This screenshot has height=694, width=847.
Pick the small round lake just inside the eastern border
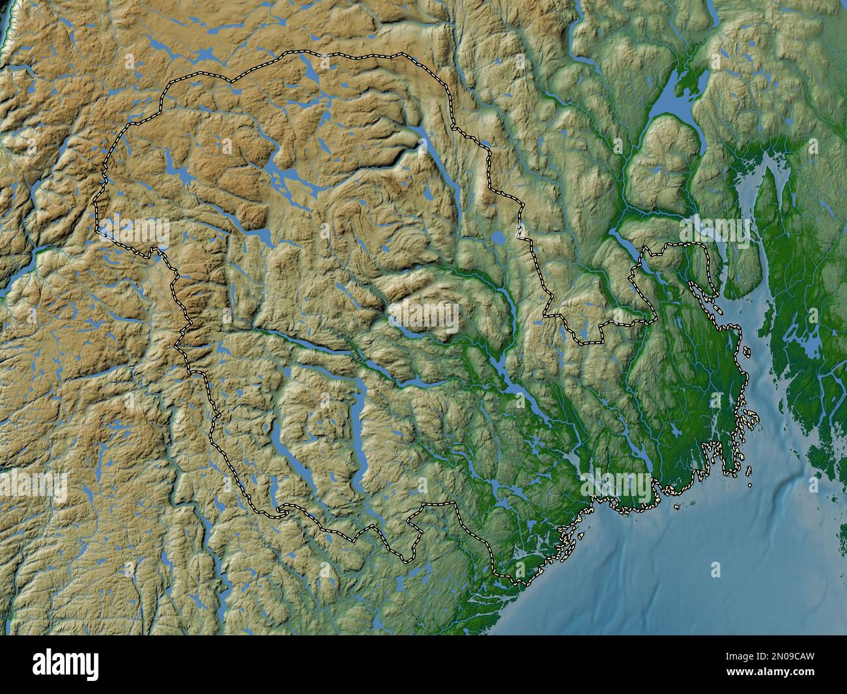[498, 239]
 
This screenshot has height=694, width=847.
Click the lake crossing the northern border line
[307, 68]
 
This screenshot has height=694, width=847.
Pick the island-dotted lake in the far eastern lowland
[808, 345]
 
